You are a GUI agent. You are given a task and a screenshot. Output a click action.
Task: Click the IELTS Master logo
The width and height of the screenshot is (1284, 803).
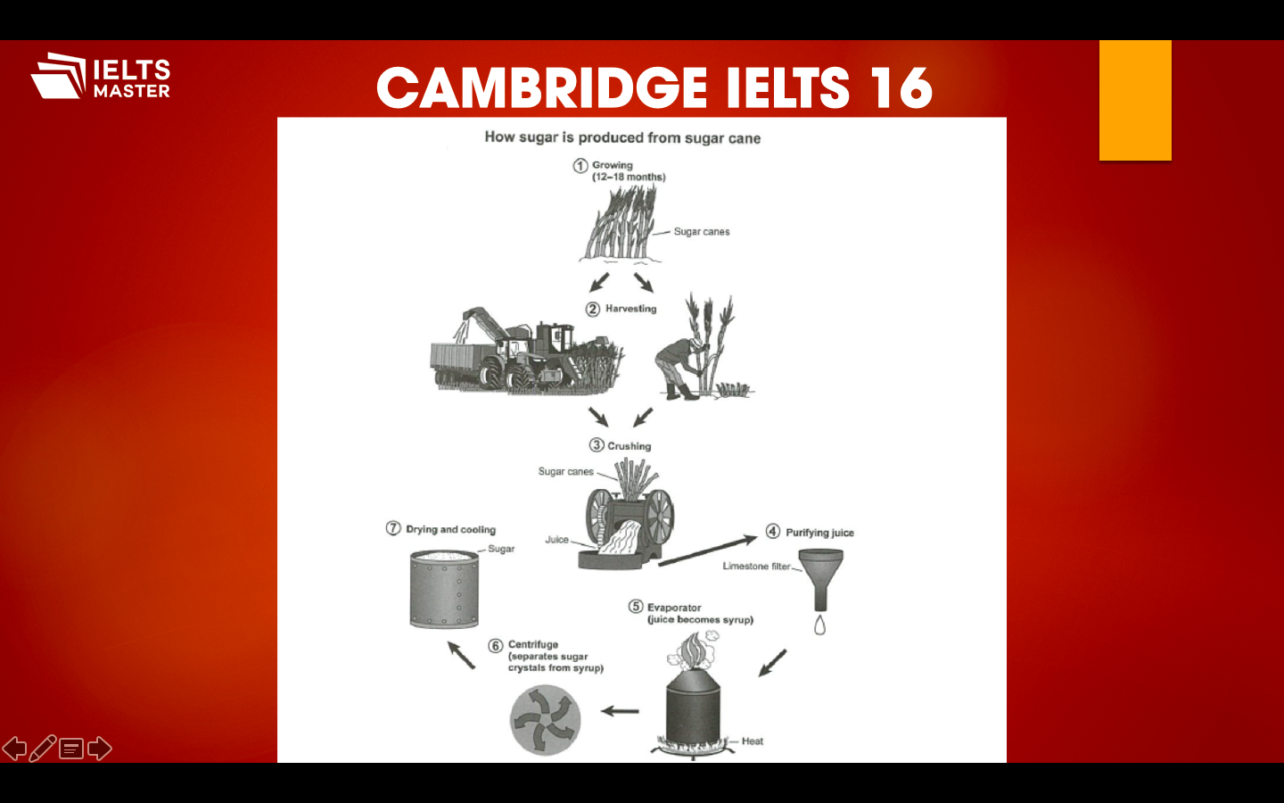coord(100,77)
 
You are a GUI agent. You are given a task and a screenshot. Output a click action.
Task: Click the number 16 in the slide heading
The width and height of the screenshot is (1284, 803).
coord(901,88)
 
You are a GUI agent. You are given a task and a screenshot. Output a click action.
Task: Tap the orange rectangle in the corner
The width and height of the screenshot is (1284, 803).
coord(1134,101)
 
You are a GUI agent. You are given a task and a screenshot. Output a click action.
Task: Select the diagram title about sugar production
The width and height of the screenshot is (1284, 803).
coord(622,137)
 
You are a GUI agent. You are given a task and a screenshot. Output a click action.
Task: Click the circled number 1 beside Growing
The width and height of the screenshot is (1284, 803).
coord(580,166)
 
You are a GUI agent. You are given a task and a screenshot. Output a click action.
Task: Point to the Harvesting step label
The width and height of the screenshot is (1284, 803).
coord(630,309)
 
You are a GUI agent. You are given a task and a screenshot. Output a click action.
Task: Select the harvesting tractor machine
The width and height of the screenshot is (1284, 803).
coord(526,352)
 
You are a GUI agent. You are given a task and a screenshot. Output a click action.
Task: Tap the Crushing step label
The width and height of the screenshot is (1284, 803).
coord(629,446)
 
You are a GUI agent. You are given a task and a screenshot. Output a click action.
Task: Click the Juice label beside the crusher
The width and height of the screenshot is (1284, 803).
coord(556,540)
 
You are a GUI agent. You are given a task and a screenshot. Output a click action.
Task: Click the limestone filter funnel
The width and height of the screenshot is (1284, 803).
coord(820,575)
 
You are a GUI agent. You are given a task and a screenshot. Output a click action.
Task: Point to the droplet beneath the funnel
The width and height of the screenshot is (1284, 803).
coord(819,625)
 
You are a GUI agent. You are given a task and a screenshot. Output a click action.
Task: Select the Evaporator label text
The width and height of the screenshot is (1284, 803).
coord(674,608)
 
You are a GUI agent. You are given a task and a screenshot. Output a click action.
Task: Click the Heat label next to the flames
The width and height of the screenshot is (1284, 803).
coord(752,741)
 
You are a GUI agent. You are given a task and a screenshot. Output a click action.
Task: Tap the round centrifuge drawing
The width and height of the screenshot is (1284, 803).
coord(545,720)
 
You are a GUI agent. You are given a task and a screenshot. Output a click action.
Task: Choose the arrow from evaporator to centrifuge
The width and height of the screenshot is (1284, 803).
coord(620,711)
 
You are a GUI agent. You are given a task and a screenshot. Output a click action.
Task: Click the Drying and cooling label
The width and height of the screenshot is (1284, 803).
coord(450,530)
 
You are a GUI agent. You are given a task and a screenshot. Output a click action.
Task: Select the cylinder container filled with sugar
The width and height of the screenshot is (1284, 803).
coord(444,589)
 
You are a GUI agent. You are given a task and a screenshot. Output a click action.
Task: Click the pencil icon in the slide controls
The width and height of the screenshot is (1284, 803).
coord(42,749)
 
